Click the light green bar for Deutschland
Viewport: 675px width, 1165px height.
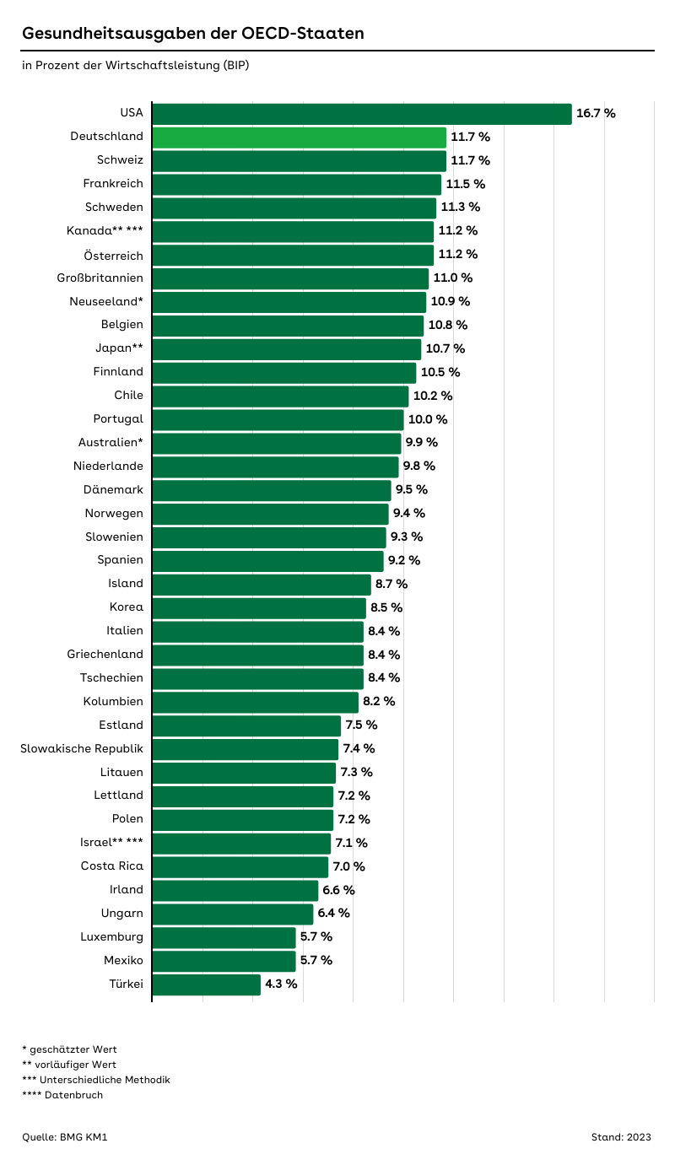click(299, 137)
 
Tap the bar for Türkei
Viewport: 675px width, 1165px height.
click(206, 984)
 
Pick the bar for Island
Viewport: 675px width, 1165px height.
click(262, 584)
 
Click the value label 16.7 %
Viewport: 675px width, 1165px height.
click(596, 113)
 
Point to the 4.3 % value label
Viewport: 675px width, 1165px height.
click(281, 984)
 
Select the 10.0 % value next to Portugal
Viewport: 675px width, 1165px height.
click(428, 419)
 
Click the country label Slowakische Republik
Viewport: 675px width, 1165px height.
click(82, 748)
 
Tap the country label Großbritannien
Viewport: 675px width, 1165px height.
click(100, 278)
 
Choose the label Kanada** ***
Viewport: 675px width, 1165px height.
click(105, 230)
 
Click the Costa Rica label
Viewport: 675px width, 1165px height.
click(112, 866)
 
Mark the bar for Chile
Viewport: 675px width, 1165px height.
click(280, 396)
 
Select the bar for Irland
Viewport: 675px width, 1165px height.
click(235, 890)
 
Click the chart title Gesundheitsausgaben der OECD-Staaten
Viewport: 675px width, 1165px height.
click(193, 34)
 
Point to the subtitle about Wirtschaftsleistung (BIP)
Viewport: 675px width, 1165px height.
click(136, 65)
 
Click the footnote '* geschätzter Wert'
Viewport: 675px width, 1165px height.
click(70, 1049)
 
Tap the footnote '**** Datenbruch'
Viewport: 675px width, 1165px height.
click(62, 1095)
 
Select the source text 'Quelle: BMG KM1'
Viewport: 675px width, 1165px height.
click(65, 1137)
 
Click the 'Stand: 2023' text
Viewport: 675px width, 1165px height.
click(621, 1137)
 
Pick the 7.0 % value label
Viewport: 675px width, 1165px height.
click(348, 866)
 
